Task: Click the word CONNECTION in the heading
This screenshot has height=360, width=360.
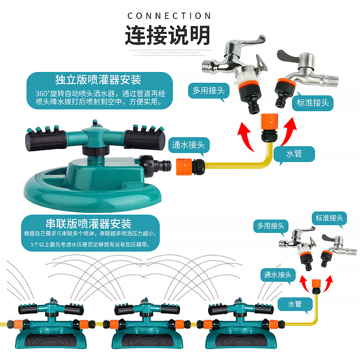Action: coord(169,16)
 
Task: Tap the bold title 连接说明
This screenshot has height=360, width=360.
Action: coord(167,35)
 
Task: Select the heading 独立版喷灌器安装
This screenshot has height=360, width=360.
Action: coord(98,80)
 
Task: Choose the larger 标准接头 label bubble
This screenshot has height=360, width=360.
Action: coord(313,103)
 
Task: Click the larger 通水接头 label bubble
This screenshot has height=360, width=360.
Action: coord(189,145)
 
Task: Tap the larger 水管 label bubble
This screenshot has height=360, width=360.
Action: coord(294,154)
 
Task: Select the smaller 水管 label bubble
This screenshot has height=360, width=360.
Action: coord(295,304)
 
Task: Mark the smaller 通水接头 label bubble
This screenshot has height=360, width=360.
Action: coord(278,274)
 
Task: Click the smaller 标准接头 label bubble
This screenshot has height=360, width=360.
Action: coord(329,218)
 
